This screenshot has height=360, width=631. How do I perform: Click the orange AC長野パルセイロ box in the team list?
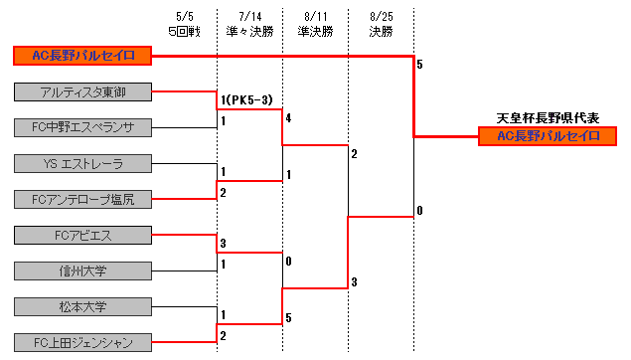pyautogui.click(x=83, y=56)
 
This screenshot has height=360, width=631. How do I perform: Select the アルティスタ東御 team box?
pyautogui.click(x=83, y=92)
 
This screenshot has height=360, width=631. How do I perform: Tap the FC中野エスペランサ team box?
pyautogui.click(x=83, y=127)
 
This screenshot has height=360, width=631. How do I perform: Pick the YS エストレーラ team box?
pyautogui.click(x=83, y=164)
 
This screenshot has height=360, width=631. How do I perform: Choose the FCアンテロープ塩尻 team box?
pyautogui.click(x=83, y=200)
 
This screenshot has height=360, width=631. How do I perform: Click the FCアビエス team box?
pyautogui.click(x=83, y=236)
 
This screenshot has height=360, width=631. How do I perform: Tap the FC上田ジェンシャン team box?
pyautogui.click(x=83, y=343)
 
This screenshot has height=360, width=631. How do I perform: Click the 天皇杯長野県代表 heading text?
pyautogui.click(x=547, y=117)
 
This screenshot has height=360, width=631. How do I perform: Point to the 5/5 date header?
pyautogui.click(x=185, y=17)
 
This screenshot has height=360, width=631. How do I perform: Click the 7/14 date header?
pyautogui.click(x=249, y=17)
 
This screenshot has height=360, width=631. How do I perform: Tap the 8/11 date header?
pyautogui.click(x=315, y=17)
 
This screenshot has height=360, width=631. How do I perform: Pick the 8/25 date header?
pyautogui.click(x=381, y=17)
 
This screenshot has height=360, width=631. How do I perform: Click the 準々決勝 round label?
pyautogui.click(x=249, y=31)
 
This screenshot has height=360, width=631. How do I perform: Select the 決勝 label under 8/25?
pyautogui.click(x=381, y=31)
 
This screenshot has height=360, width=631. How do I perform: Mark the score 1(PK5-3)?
pyautogui.click(x=246, y=99)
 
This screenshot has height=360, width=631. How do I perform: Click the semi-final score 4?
pyautogui.click(x=288, y=118)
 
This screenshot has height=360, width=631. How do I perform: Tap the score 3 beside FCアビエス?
pyautogui.click(x=224, y=244)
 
